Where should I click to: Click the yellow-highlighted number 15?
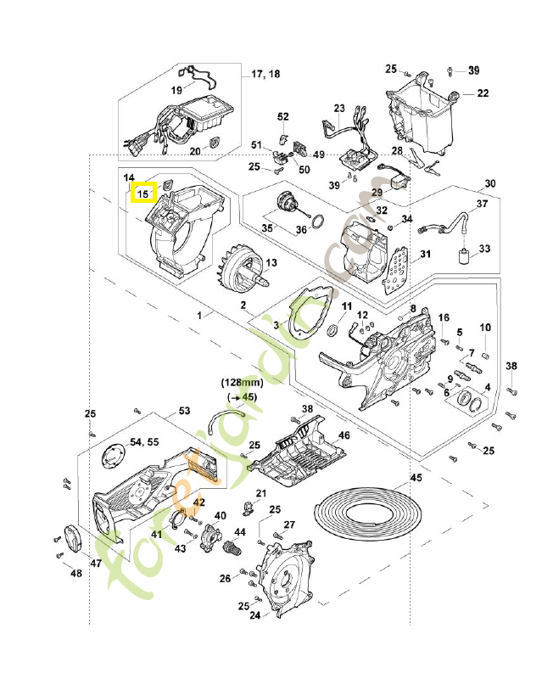[143, 194]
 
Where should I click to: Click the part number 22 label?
[483, 93]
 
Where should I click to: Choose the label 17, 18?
[265, 75]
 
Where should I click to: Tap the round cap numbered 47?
[73, 540]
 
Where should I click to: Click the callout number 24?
[254, 616]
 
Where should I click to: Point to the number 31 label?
[426, 254]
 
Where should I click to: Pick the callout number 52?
[283, 116]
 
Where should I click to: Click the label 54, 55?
[144, 443]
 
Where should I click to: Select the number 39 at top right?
[474, 69]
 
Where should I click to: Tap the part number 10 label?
[486, 327]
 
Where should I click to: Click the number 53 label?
[185, 411]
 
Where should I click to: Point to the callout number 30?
[490, 183]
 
